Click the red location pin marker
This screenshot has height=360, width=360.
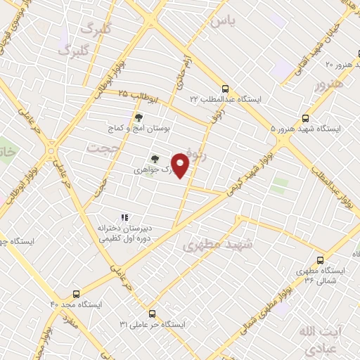click(181, 166)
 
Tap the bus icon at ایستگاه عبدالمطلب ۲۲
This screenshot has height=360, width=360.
click(225, 89)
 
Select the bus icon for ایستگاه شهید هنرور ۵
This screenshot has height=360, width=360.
click(305, 118)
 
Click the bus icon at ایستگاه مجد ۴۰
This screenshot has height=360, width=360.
click(76, 294)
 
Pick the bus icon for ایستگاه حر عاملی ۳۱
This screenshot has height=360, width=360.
click(152, 314)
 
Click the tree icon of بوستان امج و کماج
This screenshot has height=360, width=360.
click(138, 118)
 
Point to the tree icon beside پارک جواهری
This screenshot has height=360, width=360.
click(155, 159)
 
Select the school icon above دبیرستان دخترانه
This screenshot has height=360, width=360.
click(124, 217)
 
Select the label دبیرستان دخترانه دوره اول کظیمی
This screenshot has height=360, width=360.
click(124, 234)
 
